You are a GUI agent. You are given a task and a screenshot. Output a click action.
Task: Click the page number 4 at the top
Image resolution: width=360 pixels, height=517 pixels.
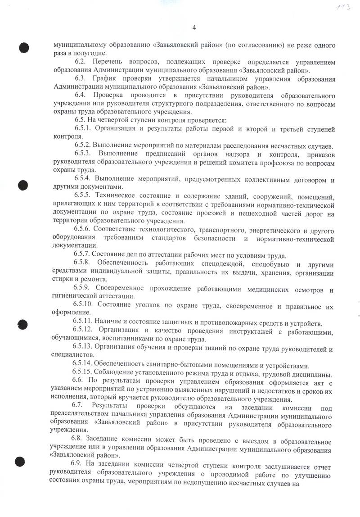point(194,28)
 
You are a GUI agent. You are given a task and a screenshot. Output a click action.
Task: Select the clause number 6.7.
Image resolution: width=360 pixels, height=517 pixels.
point(80,408)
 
